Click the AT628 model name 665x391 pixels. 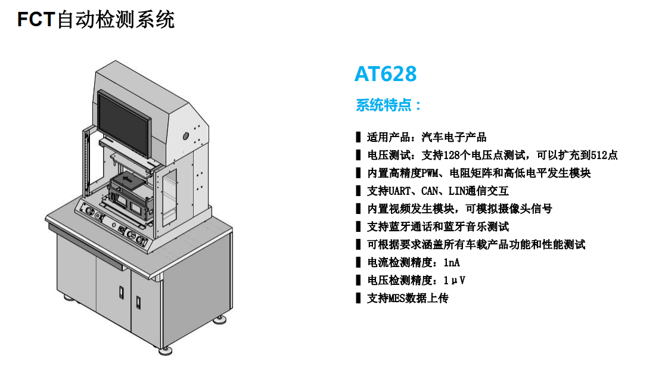tap(386, 74)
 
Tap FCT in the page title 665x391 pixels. tap(36, 20)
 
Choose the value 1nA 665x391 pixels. tap(451, 263)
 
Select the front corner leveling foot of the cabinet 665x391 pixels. tap(165, 351)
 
